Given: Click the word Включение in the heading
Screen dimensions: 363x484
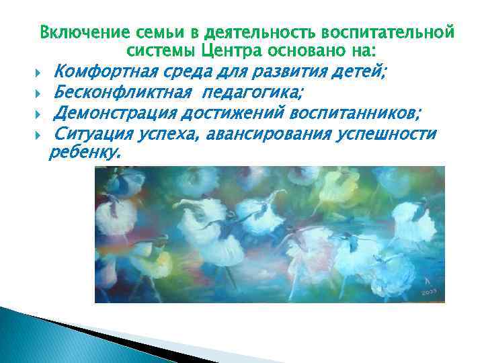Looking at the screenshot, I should tap(76, 32).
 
